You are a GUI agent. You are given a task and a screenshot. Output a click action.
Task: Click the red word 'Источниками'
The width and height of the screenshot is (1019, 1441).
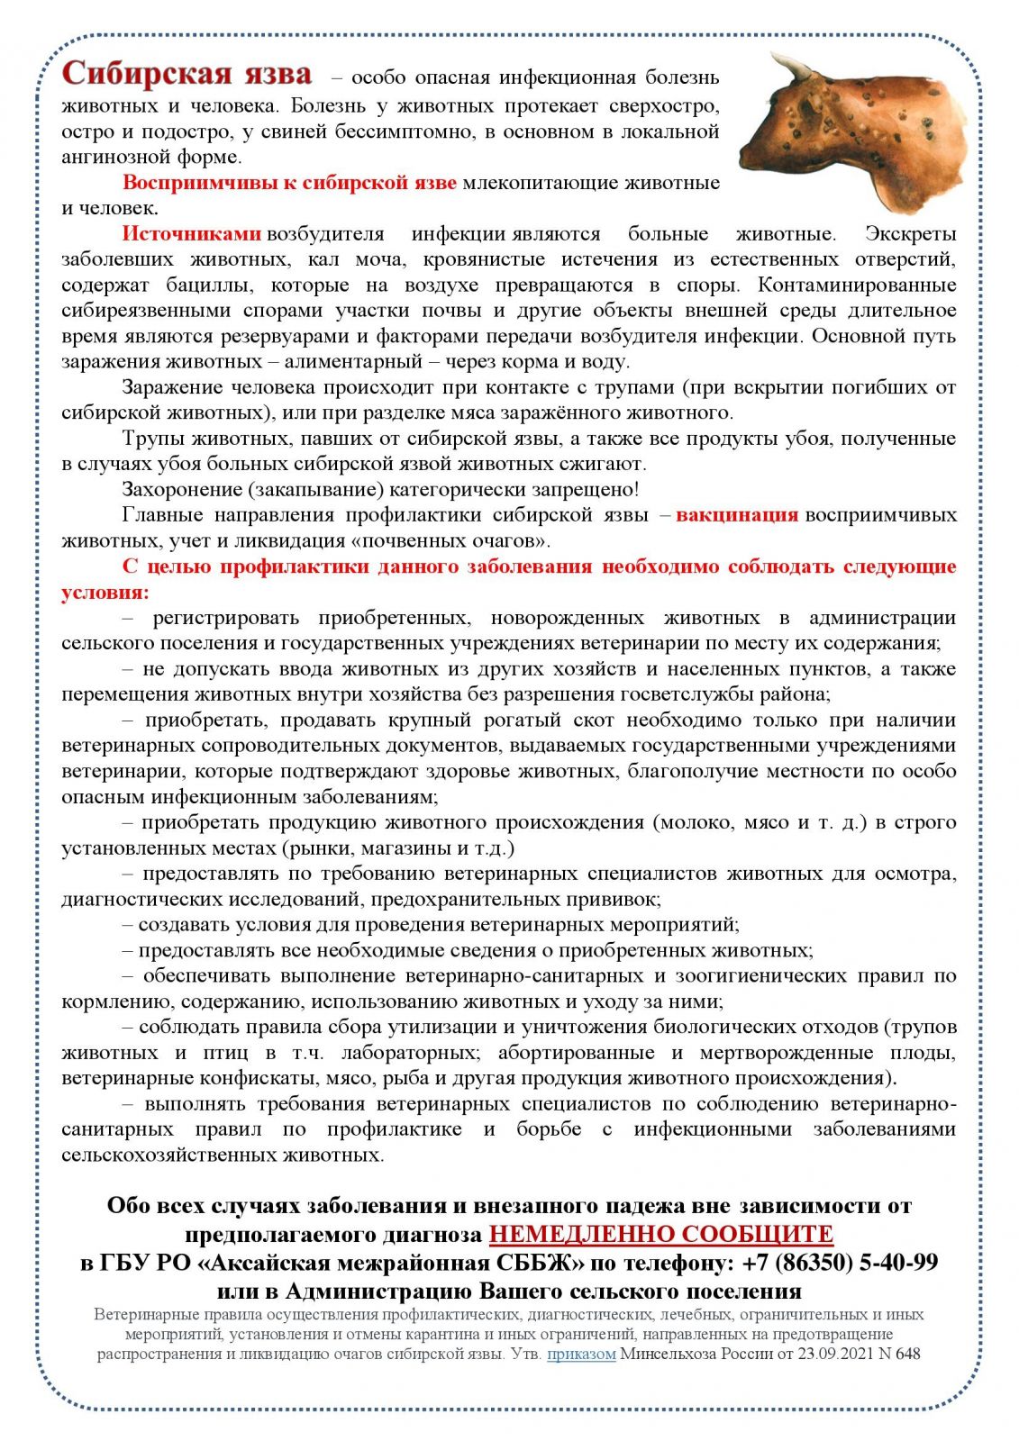click(192, 234)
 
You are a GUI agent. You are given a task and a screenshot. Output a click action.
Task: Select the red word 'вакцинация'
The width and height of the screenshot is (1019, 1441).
click(737, 515)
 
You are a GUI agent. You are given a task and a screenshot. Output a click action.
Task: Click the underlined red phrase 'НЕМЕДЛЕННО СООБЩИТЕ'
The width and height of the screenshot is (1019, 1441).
click(660, 1233)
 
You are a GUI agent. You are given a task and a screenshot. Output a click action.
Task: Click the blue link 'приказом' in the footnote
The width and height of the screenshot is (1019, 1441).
click(581, 1354)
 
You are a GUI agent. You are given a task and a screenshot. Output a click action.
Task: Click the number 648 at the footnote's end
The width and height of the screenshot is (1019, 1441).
click(908, 1354)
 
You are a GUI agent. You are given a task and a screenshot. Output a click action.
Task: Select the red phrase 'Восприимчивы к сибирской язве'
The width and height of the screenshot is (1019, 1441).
click(289, 183)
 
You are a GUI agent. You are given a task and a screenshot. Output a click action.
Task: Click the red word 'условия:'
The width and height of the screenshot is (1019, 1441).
click(105, 593)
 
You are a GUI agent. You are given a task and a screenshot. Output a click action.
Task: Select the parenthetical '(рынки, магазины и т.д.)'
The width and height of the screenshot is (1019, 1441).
click(398, 848)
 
